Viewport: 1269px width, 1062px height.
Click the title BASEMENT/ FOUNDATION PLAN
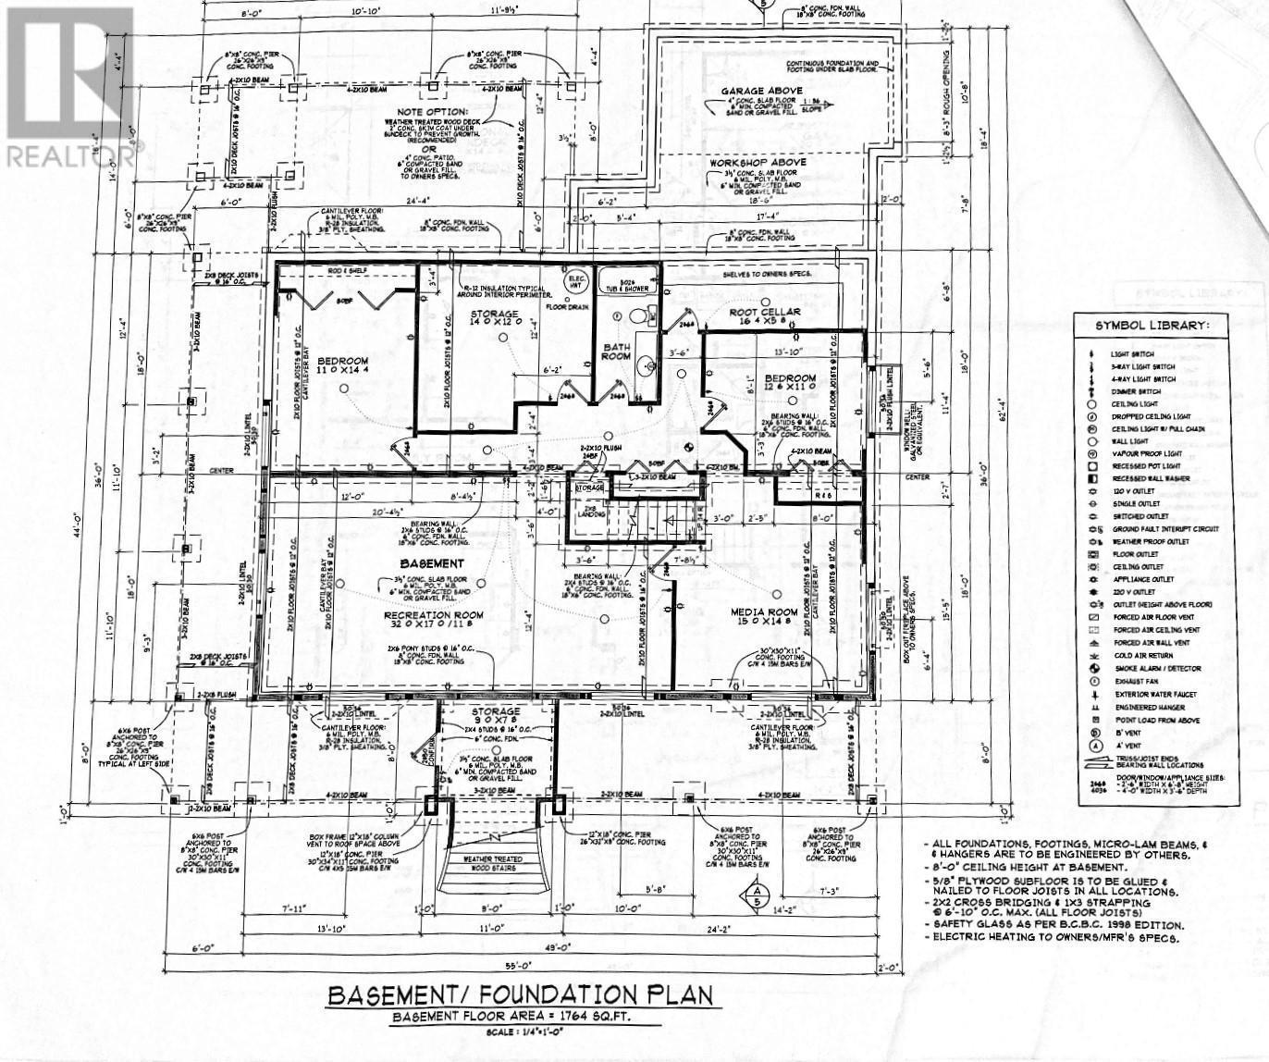coord(521,995)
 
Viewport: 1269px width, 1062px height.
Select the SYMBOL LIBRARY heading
coord(1152,326)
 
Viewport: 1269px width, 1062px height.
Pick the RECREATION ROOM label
coord(433,614)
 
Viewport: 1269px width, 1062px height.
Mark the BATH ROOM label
coord(617,354)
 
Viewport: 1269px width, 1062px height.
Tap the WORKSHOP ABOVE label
coord(758,162)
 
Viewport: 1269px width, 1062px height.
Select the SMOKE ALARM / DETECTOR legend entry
coord(1156,668)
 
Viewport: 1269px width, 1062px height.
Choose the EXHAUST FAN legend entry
coord(1138,681)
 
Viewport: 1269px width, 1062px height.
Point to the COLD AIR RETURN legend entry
coord(1145,655)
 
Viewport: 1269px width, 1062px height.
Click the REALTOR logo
coord(67,88)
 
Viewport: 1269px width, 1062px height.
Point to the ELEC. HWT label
coord(577,278)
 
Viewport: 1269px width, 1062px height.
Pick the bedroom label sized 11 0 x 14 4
coord(342,366)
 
